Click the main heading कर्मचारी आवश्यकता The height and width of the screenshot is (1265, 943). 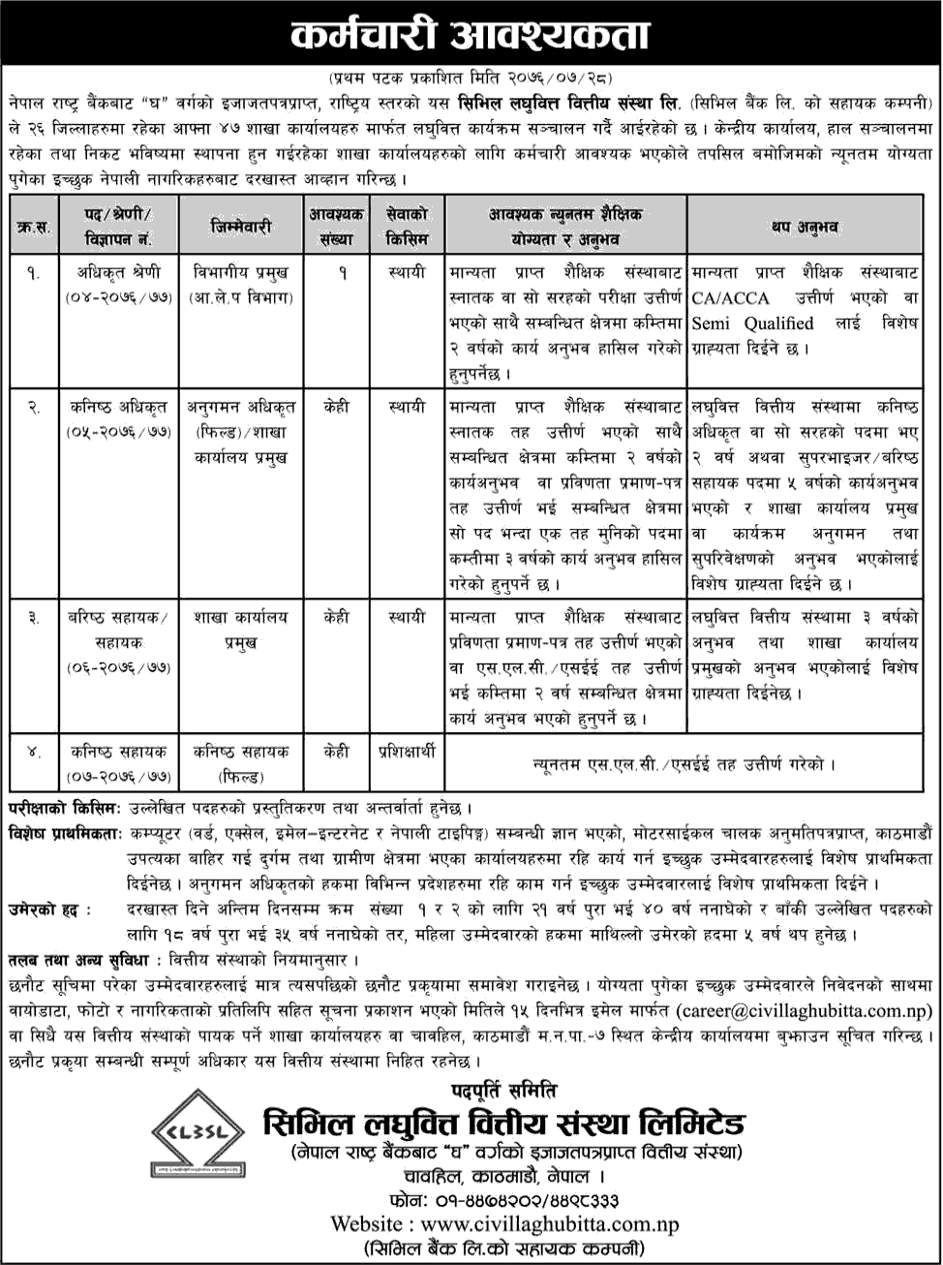(x=471, y=36)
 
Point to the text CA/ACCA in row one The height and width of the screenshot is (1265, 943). (x=733, y=298)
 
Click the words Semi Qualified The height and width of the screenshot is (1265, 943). (x=752, y=324)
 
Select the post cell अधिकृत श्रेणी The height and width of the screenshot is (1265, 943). (x=119, y=272)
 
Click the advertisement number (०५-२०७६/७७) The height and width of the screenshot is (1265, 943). (x=119, y=433)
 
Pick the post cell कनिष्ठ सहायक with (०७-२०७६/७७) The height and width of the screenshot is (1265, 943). (x=119, y=762)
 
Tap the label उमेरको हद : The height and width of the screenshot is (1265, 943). (x=48, y=910)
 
